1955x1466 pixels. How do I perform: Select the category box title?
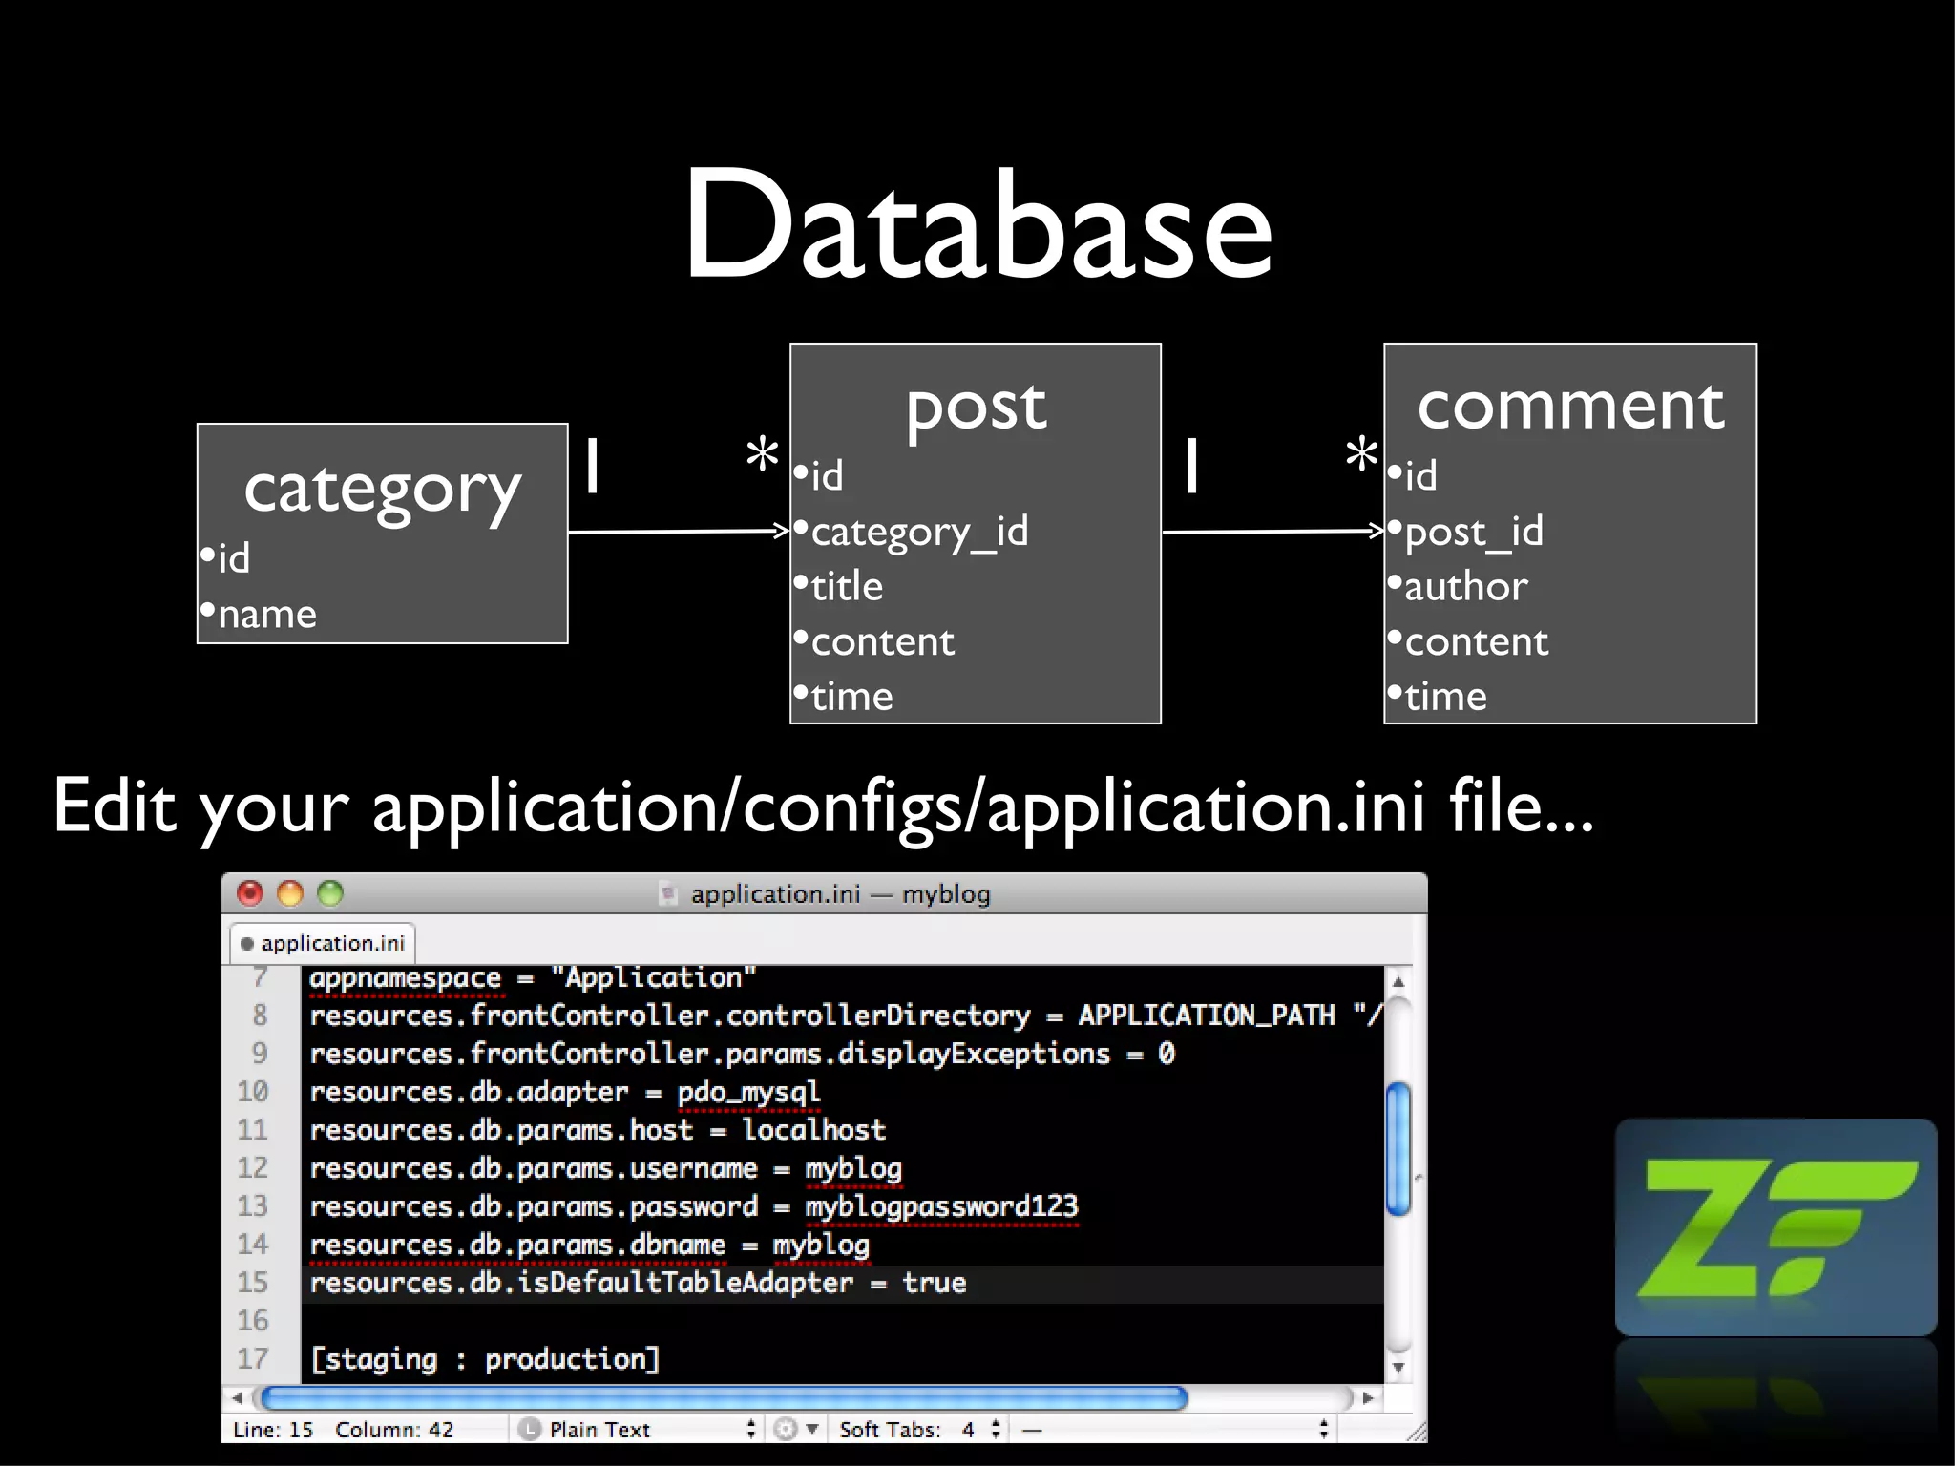point(382,489)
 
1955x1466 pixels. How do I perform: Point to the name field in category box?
point(266,614)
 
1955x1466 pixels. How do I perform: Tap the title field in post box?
point(846,586)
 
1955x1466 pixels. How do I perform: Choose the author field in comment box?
point(1465,586)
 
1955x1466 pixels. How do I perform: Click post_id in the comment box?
point(1473,532)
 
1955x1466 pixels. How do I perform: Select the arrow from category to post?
point(678,531)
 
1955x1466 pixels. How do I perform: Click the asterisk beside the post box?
point(762,454)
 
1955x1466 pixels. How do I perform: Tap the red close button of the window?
point(250,893)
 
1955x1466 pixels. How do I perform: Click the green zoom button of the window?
point(330,893)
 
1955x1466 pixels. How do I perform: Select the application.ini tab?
point(324,943)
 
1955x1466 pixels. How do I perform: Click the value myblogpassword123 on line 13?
point(941,1206)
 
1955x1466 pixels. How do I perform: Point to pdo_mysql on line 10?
point(748,1092)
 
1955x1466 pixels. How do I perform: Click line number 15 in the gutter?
point(253,1283)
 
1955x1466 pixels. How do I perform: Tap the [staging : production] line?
point(485,1359)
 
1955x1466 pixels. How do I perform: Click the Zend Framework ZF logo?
point(1776,1227)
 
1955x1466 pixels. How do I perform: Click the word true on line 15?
point(934,1283)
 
